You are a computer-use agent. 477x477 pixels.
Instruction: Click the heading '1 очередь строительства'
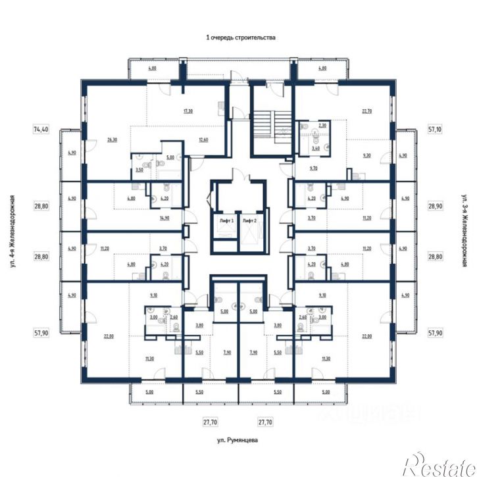tap(240, 38)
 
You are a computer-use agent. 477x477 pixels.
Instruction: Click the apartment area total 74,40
tap(41, 130)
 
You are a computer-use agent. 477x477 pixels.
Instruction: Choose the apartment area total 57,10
tap(436, 130)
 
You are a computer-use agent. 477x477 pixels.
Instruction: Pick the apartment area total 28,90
tap(436, 206)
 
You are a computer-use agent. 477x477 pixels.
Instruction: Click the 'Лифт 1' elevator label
tap(228, 221)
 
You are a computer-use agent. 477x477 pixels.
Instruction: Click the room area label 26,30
tap(111, 139)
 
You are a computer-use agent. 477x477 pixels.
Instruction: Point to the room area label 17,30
tap(189, 111)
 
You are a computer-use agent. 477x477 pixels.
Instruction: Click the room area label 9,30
tap(366, 155)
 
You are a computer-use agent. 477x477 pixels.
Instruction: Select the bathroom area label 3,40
tap(314, 149)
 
